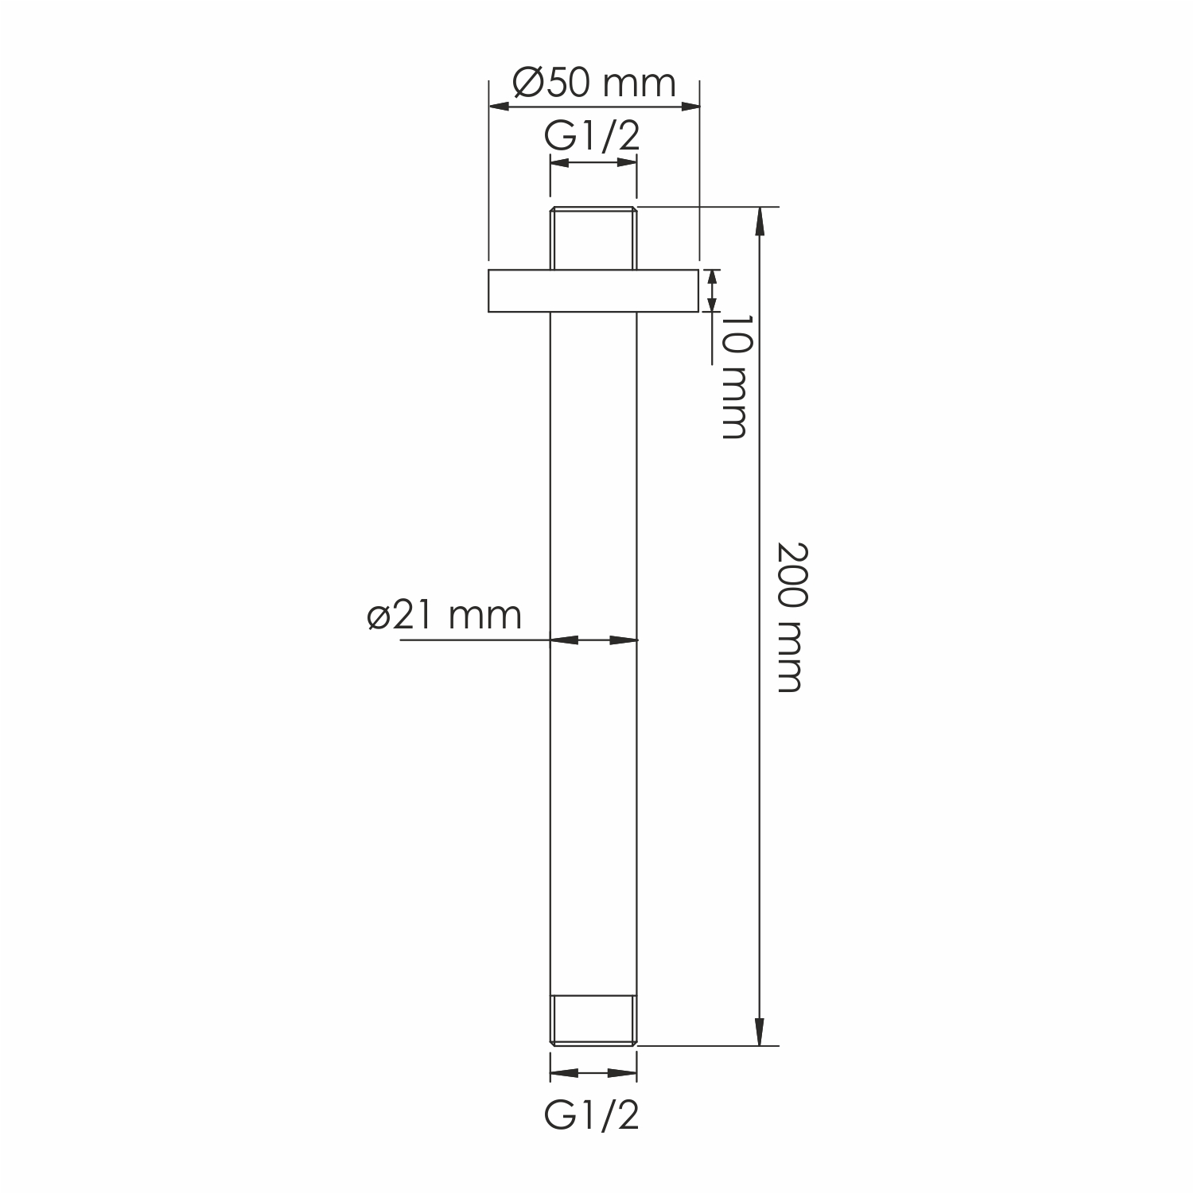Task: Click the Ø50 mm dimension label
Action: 593,83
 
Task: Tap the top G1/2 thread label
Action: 593,136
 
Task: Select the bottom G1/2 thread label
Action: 593,1116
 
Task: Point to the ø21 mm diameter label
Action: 445,614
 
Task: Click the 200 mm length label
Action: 789,617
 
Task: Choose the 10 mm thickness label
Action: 733,376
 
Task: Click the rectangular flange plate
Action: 593,291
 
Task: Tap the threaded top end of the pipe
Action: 593,238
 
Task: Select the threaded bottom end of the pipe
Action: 593,1019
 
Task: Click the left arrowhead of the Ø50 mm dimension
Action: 502,106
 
